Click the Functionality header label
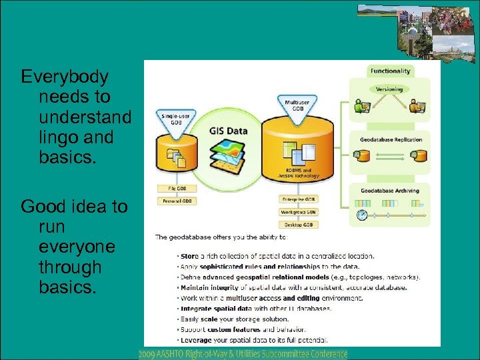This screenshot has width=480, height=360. [x=391, y=71]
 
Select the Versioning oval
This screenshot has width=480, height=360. [x=390, y=89]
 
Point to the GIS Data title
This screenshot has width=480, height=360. [x=228, y=131]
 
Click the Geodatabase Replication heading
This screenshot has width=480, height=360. [x=390, y=140]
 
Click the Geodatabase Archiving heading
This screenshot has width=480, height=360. [x=390, y=191]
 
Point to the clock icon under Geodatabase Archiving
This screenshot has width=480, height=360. [x=362, y=215]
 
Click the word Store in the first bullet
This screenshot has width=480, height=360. [x=189, y=255]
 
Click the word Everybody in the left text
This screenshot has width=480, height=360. [x=65, y=77]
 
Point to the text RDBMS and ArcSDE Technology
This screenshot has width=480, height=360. [x=298, y=173]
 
